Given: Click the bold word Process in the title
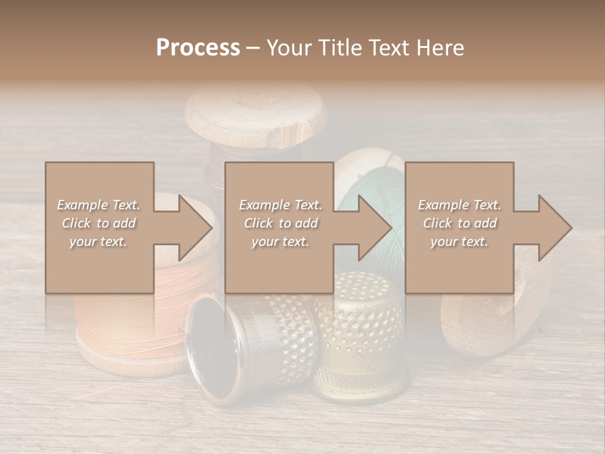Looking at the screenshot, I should (198, 47).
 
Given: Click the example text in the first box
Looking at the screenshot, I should (99, 223).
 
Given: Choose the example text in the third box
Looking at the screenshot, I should (459, 223).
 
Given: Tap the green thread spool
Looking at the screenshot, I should (372, 183).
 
